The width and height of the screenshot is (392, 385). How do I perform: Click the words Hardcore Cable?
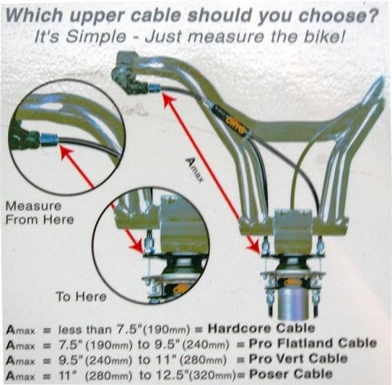(x=261, y=328)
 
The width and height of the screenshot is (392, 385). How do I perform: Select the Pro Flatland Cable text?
(x=313, y=343)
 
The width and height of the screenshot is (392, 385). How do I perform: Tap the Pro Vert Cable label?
(x=298, y=359)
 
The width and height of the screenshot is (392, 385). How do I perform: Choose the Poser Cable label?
(x=291, y=374)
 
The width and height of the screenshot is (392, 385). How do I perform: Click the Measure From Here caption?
(x=39, y=213)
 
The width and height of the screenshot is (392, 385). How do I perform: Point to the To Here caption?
(x=81, y=297)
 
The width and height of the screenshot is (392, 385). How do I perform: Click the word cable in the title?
(x=156, y=15)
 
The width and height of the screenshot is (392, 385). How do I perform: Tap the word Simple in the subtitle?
(x=96, y=37)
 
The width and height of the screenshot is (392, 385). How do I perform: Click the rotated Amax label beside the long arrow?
(x=194, y=170)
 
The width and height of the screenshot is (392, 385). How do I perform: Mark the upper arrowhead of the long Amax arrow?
(x=169, y=99)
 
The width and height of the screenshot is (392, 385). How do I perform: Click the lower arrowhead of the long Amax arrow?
(x=253, y=245)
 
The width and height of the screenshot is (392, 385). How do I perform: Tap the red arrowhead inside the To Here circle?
(x=136, y=245)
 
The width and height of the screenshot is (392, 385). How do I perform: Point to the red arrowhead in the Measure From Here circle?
(x=66, y=152)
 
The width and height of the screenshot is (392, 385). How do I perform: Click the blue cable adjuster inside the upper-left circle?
(x=49, y=140)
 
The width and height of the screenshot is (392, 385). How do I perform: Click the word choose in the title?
(x=338, y=15)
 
